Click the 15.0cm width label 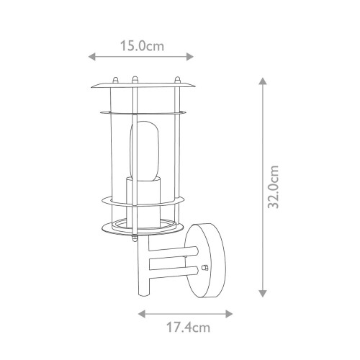click(141, 45)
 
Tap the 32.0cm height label click(273, 188)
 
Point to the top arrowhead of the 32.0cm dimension click(263, 82)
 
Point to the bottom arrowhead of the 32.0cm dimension click(263, 293)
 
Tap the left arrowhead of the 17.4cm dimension click(141, 314)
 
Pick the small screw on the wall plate click(205, 268)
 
